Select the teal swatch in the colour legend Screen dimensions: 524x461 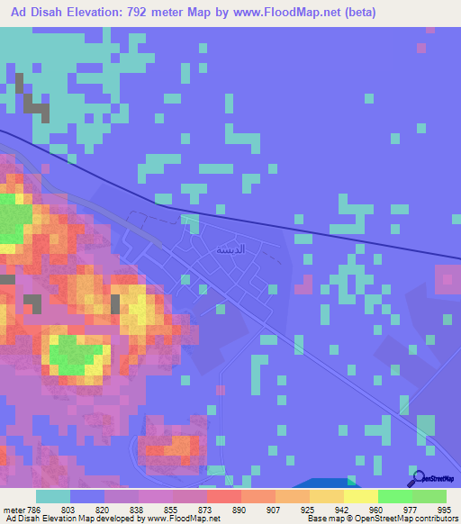[53, 495]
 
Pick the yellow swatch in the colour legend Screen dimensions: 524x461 [360, 495]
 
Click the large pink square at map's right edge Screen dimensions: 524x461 [447, 278]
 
